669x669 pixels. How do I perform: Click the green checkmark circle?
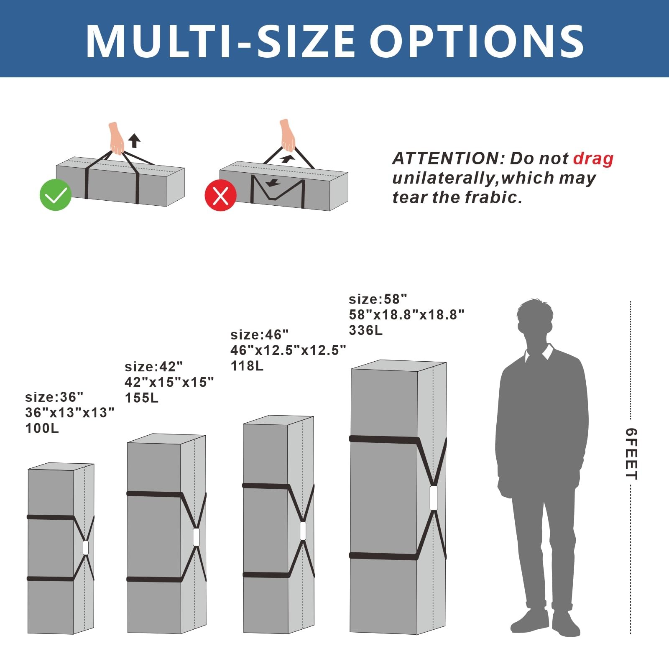click(56, 194)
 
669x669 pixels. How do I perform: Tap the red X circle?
click(221, 195)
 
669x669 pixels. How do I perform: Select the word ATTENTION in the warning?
click(449, 158)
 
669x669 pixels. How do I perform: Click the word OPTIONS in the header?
click(477, 41)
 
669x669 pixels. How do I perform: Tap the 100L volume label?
click(42, 428)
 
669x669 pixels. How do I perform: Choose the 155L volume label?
click(142, 398)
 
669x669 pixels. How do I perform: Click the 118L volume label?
click(247, 366)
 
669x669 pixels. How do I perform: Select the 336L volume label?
click(366, 330)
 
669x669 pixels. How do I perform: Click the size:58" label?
click(378, 299)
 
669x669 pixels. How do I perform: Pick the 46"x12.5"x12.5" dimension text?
click(289, 350)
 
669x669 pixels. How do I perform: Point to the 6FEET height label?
click(631, 454)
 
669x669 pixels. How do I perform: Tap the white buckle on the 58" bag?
click(434, 498)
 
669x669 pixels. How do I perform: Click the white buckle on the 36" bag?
click(86, 548)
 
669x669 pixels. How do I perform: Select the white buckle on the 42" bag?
click(196, 537)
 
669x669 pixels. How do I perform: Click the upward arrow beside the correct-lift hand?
click(134, 140)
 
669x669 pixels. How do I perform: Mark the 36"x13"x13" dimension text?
click(70, 413)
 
